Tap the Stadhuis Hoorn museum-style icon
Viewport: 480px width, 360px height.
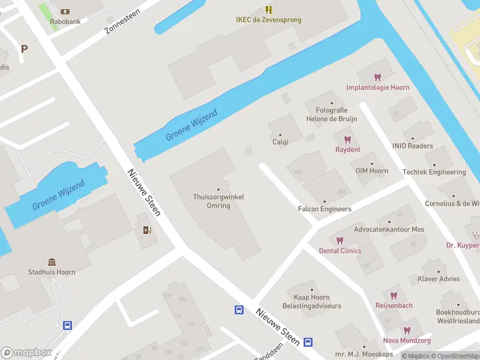pos(52,262)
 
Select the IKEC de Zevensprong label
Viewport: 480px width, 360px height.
pos(269,20)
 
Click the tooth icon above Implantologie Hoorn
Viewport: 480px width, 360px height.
pos(377,77)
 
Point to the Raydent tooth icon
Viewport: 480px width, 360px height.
pos(347,140)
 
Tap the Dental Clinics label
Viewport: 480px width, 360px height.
pos(340,250)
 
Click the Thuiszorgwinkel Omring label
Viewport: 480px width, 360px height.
pos(218,201)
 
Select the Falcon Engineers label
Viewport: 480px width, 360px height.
pos(325,209)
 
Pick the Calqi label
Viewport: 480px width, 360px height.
pos(280,142)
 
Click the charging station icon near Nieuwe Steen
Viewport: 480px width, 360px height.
pos(147,230)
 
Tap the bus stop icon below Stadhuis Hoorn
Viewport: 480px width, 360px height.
pos(68,326)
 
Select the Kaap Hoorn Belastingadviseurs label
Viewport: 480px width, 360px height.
pos(311,302)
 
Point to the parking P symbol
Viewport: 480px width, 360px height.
pos(24,49)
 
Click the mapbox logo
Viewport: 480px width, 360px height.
pos(26,353)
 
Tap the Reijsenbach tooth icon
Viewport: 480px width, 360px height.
pos(394,296)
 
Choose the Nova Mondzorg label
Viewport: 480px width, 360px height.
pos(407,340)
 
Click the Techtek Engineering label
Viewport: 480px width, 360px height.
pos(442,172)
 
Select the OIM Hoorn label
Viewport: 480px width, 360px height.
pos(371,171)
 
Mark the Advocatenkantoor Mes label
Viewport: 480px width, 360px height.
pos(389,229)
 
